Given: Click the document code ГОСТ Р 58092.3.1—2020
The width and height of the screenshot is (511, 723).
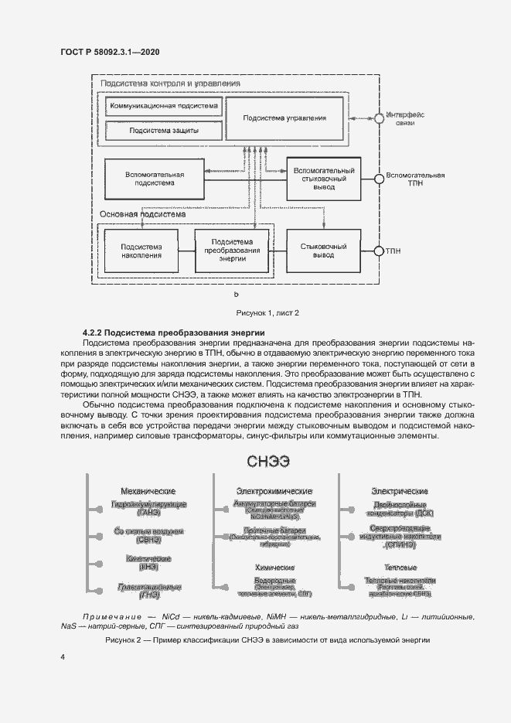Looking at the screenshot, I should tap(110, 52).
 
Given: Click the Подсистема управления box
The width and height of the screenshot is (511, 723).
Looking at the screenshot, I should tap(284, 118).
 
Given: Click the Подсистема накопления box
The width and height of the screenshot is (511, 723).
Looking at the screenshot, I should tap(141, 251).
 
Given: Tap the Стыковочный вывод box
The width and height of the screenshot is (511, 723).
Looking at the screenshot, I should tap(323, 251).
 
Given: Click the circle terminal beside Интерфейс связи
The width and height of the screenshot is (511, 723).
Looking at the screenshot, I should tap(379, 118).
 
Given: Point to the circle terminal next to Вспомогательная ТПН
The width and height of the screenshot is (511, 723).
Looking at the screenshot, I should tap(379, 179).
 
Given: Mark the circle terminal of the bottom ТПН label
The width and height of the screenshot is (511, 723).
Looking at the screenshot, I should tap(379, 251).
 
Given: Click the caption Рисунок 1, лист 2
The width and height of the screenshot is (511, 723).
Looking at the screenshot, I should tap(267, 312).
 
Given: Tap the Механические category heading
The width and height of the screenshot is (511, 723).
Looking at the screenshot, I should tap(148, 492).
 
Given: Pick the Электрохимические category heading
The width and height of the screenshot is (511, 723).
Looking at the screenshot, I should tap(274, 492).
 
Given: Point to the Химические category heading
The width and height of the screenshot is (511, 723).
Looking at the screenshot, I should tap(274, 568).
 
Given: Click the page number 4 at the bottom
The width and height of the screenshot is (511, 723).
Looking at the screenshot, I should tap(63, 658).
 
